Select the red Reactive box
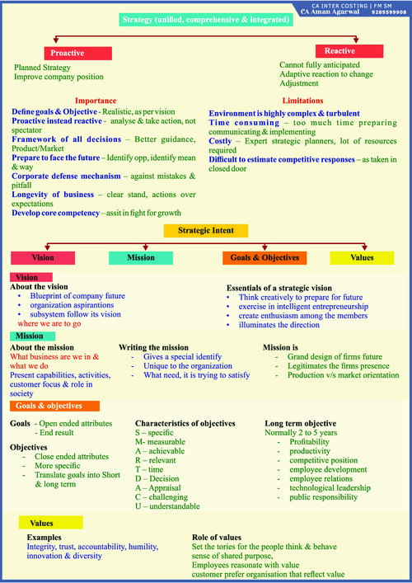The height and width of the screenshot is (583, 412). (x=339, y=51)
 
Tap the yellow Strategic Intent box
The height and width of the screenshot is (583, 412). (x=206, y=230)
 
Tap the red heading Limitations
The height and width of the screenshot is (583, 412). (x=308, y=100)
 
